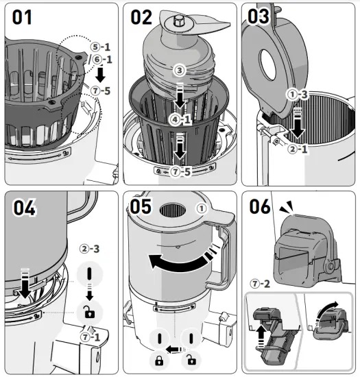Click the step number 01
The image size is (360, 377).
coord(22,17)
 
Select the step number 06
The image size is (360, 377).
coord(261,207)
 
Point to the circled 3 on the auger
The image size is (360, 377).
coord(179,71)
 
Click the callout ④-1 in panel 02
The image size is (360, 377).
coord(179,121)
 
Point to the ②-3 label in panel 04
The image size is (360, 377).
coord(90,249)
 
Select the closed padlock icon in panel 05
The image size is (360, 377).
coord(158,359)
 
